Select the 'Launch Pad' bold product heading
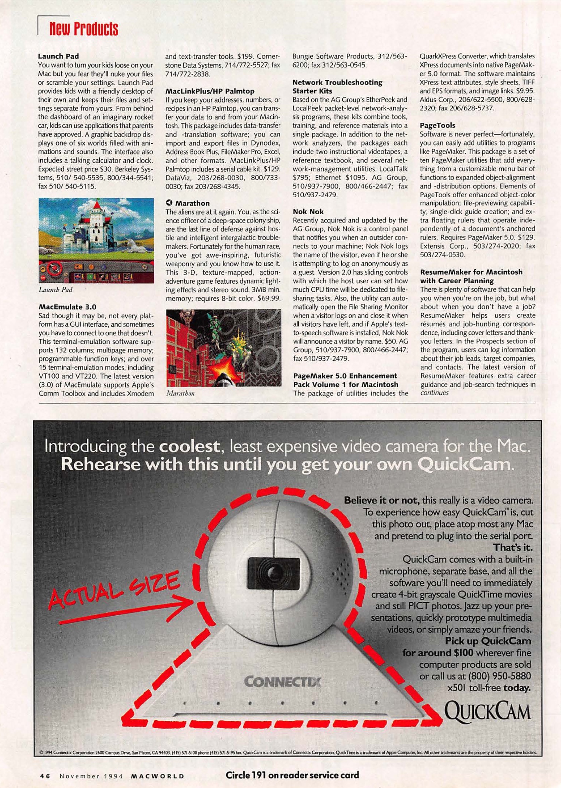[58, 56]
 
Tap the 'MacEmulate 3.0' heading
[67, 306]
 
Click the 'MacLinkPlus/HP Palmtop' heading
[210, 91]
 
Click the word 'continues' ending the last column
[435, 393]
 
